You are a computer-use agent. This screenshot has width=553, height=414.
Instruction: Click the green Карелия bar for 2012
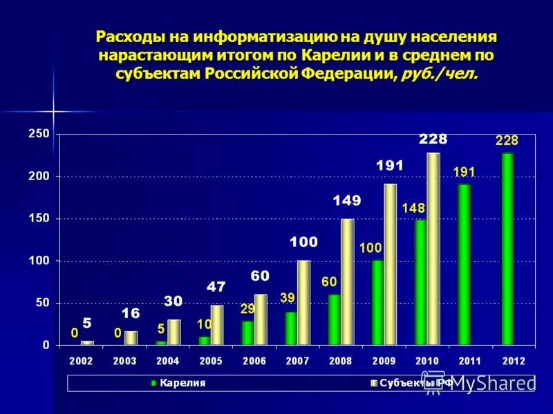coord(507,248)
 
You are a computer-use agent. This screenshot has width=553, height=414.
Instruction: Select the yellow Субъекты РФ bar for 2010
coord(433,248)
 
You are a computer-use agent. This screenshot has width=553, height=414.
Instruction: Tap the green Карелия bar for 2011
coord(464,264)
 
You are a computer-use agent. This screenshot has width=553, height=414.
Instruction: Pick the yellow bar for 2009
coord(390,264)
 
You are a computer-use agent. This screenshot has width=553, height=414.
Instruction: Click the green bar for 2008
coord(334,319)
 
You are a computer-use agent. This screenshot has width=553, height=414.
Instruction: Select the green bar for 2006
coord(247,333)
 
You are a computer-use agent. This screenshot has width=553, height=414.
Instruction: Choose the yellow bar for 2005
coord(217,325)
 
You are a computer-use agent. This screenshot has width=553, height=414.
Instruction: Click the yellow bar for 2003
coord(131,338)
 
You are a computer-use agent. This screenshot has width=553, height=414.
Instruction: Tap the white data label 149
coord(346,201)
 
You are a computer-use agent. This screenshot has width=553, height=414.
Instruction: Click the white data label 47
coord(216,287)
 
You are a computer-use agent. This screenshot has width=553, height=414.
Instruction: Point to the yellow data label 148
coord(413,208)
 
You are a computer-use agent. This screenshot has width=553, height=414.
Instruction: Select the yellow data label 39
coord(287,297)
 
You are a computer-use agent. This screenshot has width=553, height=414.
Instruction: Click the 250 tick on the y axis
coord(39,134)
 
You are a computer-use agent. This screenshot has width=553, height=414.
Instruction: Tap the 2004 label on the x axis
coord(168,361)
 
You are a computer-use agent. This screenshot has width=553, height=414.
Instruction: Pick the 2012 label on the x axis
coord(514,361)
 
